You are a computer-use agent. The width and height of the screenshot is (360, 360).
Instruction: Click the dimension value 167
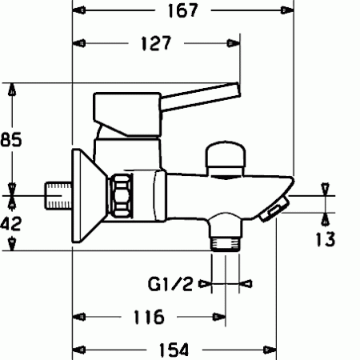182,10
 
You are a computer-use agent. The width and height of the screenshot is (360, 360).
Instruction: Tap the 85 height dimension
10,140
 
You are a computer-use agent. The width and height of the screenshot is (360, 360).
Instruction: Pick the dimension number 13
325,238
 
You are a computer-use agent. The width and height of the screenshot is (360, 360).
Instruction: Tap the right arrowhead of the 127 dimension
235,43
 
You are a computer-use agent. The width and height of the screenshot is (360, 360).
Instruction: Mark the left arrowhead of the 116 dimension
79,316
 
